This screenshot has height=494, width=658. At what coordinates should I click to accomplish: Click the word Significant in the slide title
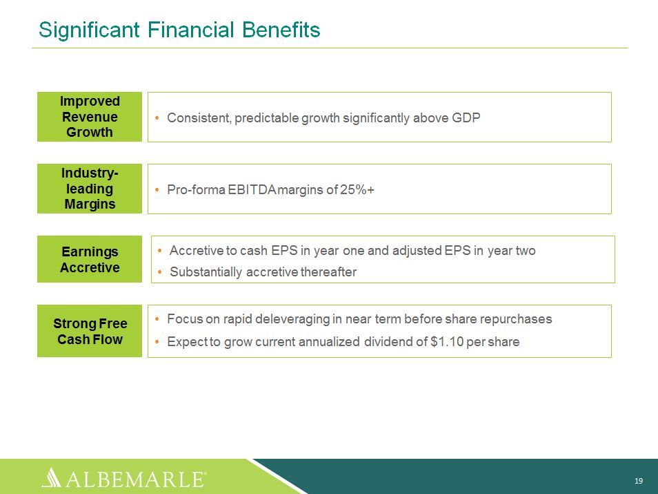(x=90, y=30)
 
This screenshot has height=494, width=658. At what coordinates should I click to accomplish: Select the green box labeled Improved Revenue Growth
(x=90, y=117)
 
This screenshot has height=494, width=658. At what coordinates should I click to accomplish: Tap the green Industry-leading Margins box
(x=90, y=189)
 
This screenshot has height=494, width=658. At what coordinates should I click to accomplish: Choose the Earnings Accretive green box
(x=90, y=259)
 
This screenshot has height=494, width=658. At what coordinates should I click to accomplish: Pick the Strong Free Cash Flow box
(x=90, y=331)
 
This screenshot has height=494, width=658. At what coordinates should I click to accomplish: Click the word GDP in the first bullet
(x=466, y=117)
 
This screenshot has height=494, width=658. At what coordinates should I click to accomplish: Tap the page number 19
(x=639, y=481)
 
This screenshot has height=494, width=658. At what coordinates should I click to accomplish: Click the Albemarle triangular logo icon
(x=51, y=477)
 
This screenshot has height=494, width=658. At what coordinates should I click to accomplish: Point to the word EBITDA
(x=252, y=189)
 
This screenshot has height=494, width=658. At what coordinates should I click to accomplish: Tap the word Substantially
(x=206, y=272)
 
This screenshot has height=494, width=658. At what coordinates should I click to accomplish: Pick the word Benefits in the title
(x=281, y=30)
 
